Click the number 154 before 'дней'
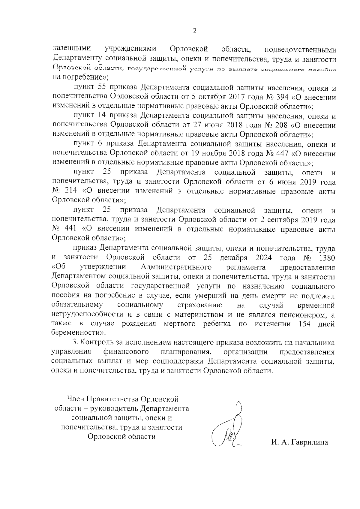[x=305, y=324]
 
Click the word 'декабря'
[x=233, y=258]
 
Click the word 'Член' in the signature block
[x=76, y=399]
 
